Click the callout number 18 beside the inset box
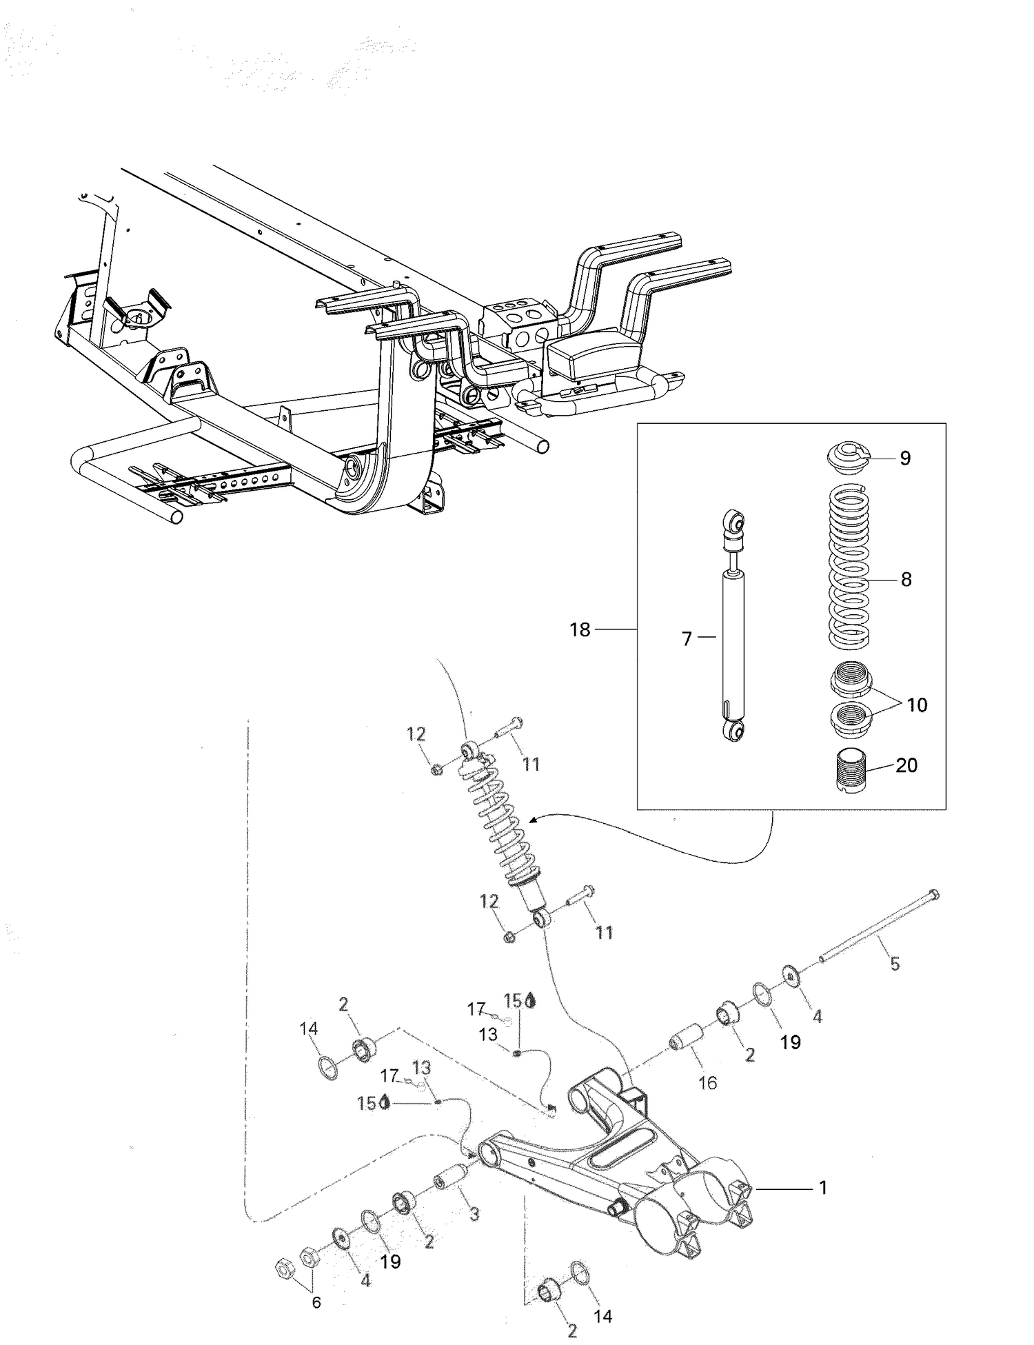(580, 629)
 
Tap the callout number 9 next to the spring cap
(905, 458)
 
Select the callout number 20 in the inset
(906, 765)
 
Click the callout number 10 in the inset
(917, 705)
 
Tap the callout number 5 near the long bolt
(895, 964)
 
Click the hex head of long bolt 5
(933, 895)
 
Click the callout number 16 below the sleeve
(708, 1082)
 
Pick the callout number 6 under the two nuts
(316, 1302)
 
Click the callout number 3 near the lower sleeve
(474, 1214)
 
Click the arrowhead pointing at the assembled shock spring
(533, 820)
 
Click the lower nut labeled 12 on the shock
(509, 937)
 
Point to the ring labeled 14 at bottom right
(580, 1272)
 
